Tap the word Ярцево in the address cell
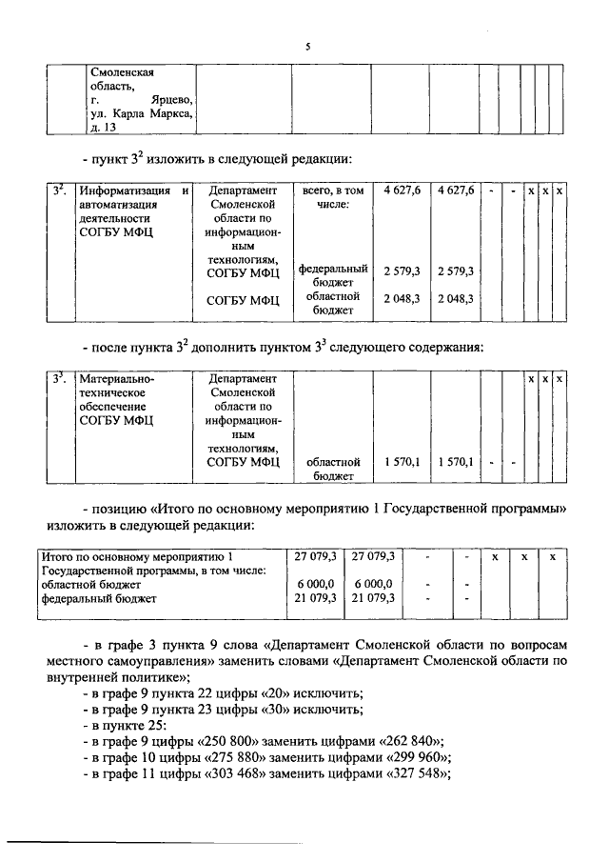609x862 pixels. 171,100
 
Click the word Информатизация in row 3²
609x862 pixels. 123,190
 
